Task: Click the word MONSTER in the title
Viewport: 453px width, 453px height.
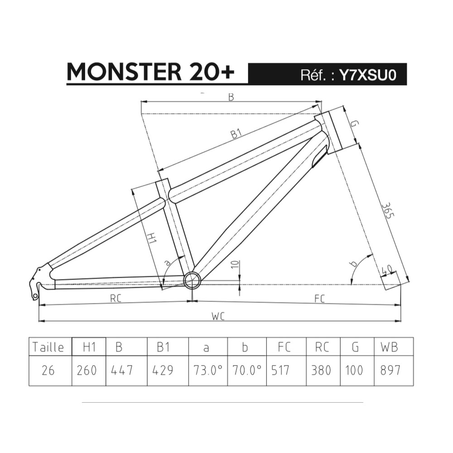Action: point(124,72)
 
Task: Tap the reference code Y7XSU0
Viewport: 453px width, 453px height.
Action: point(367,75)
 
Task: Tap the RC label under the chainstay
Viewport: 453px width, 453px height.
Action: point(116,299)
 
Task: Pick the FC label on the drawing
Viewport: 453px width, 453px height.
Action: point(319,299)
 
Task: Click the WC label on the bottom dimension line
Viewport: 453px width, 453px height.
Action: point(218,316)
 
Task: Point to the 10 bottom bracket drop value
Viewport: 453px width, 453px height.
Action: point(236,265)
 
